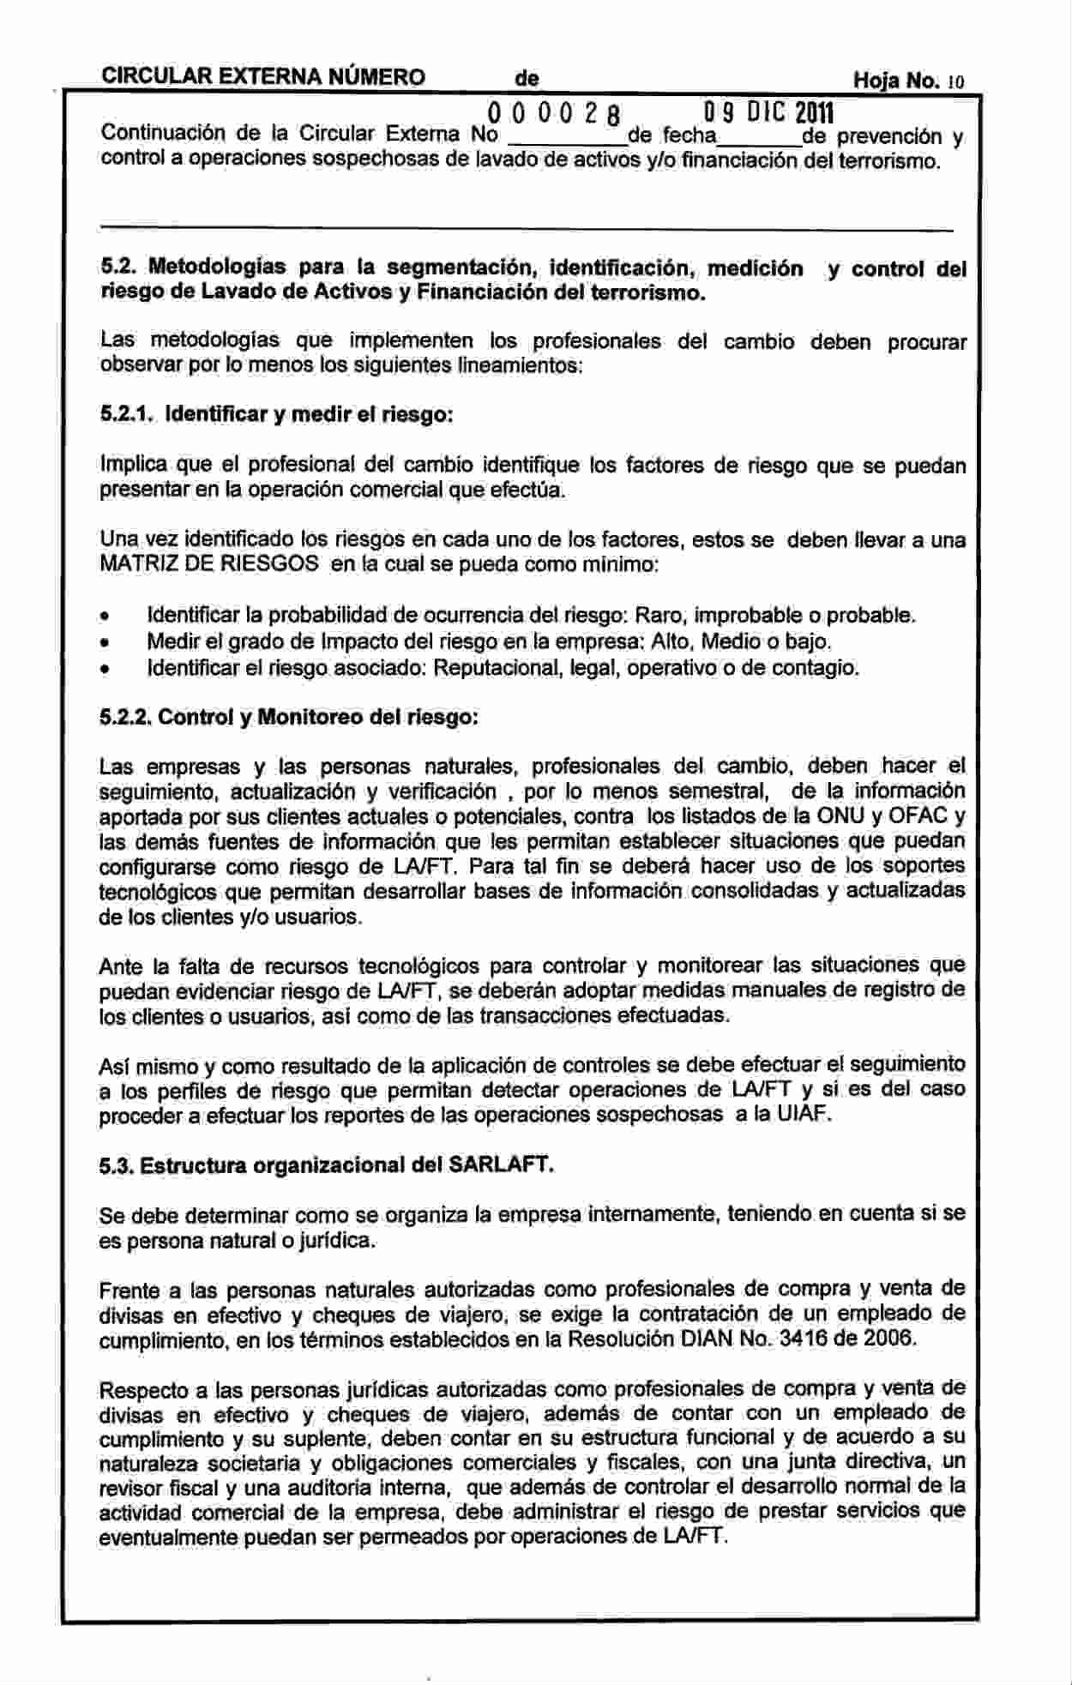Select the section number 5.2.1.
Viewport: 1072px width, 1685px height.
coord(126,415)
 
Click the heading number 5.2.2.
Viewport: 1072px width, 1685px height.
coord(126,716)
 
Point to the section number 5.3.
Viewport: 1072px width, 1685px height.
coord(117,1165)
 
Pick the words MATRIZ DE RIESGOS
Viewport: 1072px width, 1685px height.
coord(209,564)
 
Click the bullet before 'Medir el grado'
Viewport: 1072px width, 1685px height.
coord(105,642)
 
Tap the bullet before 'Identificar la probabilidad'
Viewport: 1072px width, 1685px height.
coord(105,617)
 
